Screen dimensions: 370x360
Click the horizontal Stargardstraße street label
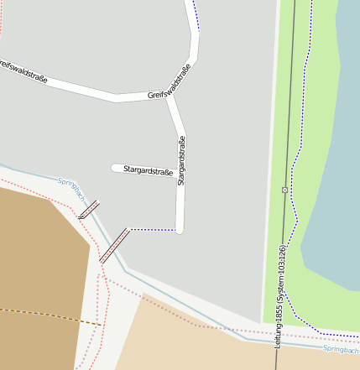pyautogui.click(x=148, y=171)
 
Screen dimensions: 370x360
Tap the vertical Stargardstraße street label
pyautogui.click(x=182, y=160)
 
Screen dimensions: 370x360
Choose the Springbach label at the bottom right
pyautogui.click(x=341, y=349)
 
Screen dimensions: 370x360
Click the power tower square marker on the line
pyautogui.click(x=284, y=190)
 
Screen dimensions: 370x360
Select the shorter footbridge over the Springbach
pyautogui.click(x=88, y=209)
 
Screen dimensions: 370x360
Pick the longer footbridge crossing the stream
pyautogui.click(x=114, y=245)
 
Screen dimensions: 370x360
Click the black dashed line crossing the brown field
pyautogui.click(x=50, y=316)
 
